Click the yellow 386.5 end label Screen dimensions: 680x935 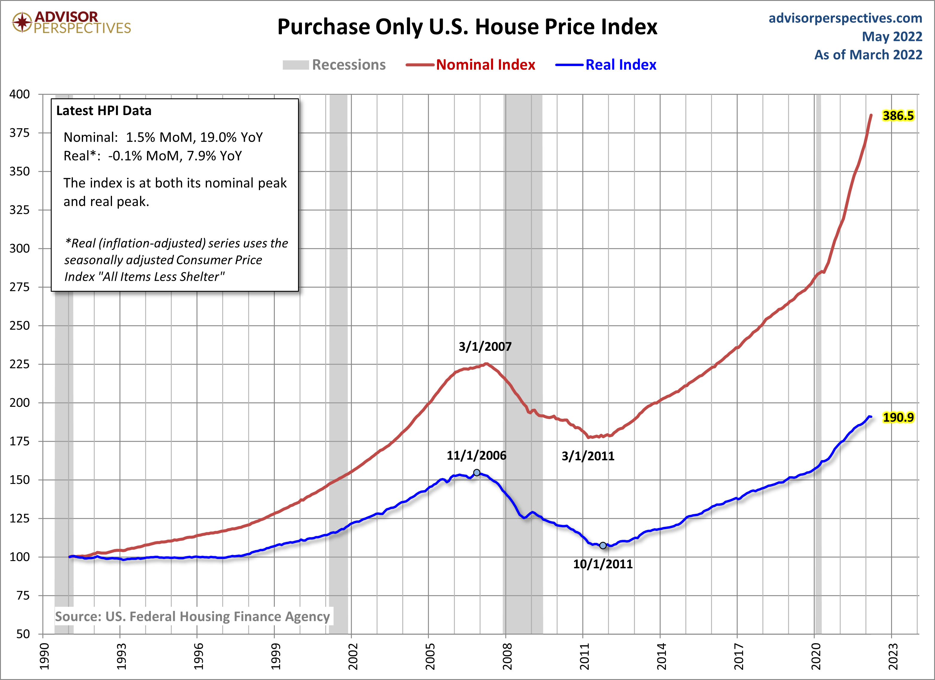pos(898,116)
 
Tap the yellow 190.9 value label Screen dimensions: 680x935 pos(898,418)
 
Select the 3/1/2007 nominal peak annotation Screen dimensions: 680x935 pos(485,347)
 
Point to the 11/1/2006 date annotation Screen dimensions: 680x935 pos(476,456)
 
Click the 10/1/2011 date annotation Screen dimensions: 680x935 pos(603,564)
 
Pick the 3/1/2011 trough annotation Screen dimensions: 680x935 pos(588,456)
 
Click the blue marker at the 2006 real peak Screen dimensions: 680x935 pos(477,473)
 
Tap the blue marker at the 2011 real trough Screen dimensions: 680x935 pos(603,545)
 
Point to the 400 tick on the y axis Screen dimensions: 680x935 pos(20,94)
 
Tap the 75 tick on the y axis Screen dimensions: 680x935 pos(23,595)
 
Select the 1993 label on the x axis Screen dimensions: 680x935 pos(121,656)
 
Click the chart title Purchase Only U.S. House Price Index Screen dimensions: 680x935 pos(467,27)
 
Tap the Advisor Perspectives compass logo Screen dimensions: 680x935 pos(22,22)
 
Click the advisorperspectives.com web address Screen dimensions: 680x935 pos(845,18)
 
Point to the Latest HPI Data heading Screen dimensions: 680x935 pos(104,111)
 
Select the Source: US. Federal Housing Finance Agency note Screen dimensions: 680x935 pos(193,616)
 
